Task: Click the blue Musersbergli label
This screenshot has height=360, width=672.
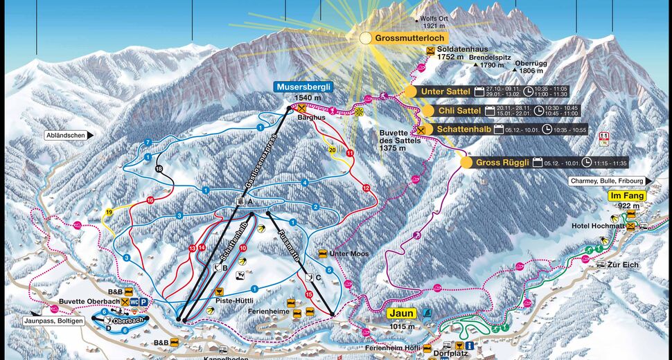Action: coord(303,87)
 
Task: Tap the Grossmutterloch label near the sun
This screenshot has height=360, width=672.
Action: coord(412,38)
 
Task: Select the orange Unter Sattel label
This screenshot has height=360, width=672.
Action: coord(445,91)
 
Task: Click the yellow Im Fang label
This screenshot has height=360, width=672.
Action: coord(626,196)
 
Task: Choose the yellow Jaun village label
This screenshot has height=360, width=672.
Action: coord(402,313)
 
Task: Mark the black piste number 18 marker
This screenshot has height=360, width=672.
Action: coord(159,169)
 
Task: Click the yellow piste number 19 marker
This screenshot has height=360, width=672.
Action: coord(109,212)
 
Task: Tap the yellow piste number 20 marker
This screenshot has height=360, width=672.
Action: coord(333,150)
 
